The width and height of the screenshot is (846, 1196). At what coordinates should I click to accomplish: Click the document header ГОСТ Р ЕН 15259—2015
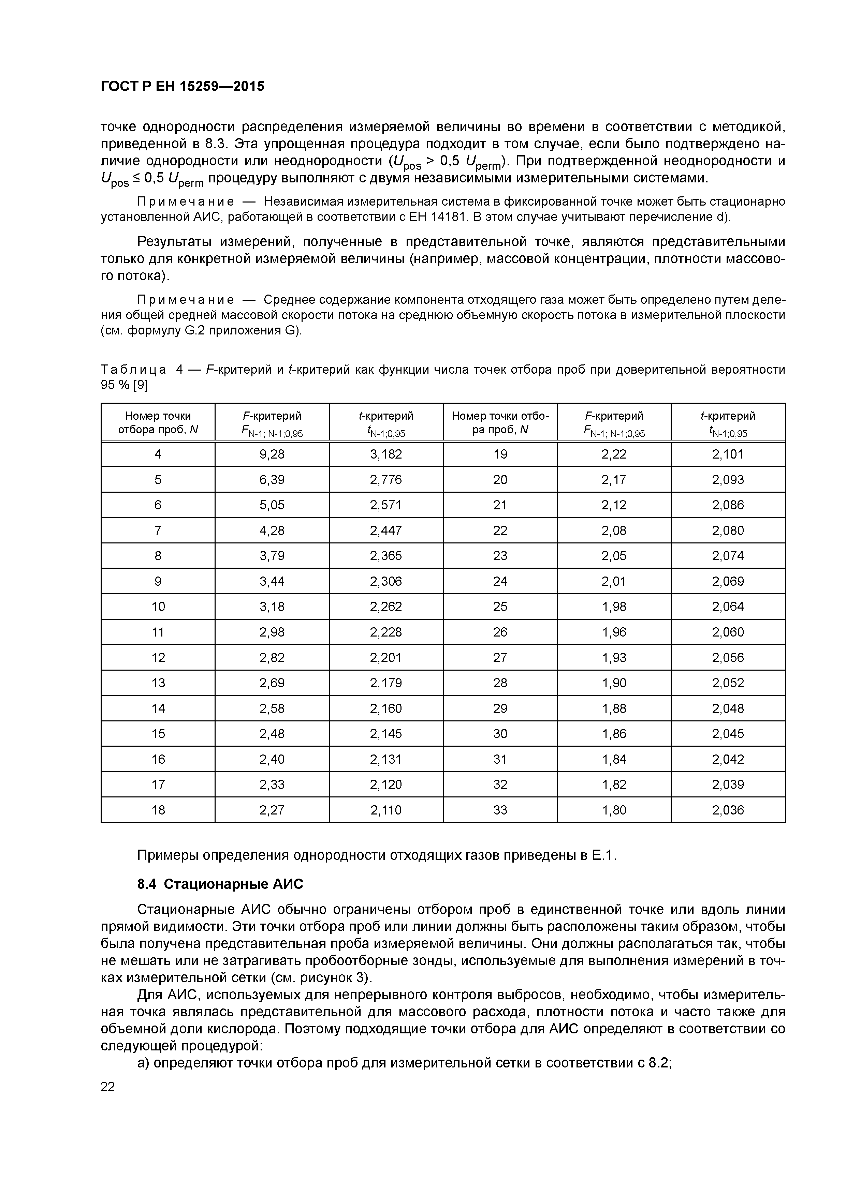(183, 87)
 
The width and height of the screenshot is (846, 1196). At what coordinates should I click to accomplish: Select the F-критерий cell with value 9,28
(272, 454)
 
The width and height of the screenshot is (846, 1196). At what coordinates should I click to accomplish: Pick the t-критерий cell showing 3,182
(386, 454)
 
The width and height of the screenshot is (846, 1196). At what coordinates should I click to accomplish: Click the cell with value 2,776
(386, 480)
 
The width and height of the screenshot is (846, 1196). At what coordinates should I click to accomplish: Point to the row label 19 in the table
(500, 454)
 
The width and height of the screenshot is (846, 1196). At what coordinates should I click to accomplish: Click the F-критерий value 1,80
(614, 810)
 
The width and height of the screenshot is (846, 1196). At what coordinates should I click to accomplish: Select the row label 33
(500, 810)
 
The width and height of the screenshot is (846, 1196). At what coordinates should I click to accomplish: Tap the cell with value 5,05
(272, 505)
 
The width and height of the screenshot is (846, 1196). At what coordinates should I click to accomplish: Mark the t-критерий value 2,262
(386, 607)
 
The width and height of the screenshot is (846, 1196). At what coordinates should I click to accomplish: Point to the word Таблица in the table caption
(133, 370)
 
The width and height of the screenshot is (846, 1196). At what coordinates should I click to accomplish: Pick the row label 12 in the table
(158, 658)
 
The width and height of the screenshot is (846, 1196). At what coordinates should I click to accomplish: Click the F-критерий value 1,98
(614, 607)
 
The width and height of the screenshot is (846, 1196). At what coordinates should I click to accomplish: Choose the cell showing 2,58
(272, 708)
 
